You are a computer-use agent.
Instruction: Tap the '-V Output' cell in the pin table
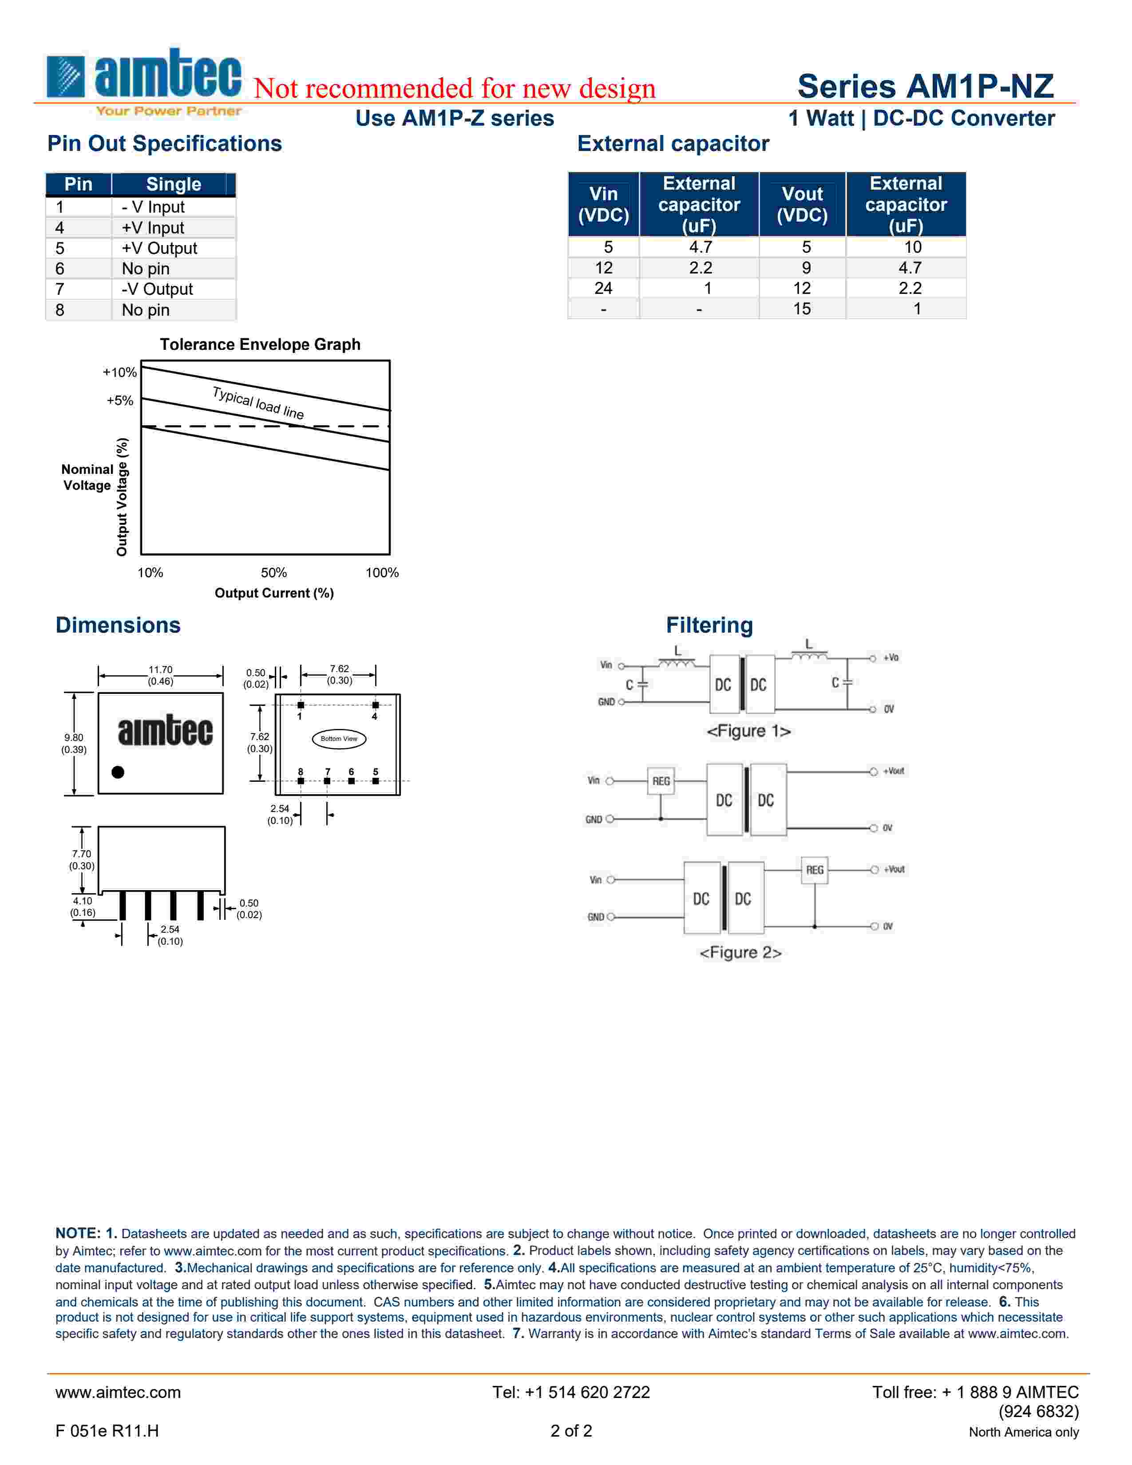tap(157, 289)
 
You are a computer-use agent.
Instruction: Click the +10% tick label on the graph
tap(119, 372)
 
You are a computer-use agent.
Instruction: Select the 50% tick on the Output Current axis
tap(273, 572)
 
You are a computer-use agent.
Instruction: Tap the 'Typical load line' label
tap(258, 403)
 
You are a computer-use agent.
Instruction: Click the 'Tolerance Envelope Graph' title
tap(260, 344)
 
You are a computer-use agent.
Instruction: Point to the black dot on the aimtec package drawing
tap(118, 772)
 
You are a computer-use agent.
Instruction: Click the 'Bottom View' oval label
tap(339, 739)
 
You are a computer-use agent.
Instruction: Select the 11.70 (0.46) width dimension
tap(160, 675)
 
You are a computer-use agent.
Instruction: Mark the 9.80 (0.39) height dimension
tap(74, 743)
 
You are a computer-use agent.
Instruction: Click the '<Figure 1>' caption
tap(748, 730)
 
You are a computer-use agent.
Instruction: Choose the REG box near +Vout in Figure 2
tap(814, 870)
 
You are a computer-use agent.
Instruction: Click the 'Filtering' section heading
tap(709, 625)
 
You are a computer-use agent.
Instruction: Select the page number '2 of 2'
tap(571, 1431)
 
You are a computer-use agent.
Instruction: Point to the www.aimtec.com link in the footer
tap(118, 1392)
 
